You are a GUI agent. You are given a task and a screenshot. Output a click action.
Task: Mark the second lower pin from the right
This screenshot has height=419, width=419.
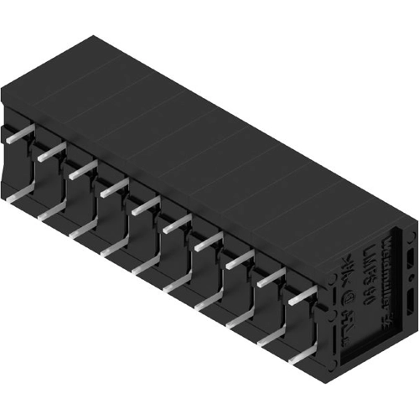coord(270,339)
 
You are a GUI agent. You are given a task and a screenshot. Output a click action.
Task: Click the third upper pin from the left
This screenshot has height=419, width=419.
coord(81,169)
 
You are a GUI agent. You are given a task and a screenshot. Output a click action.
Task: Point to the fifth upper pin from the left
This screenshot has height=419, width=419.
coord(145,206)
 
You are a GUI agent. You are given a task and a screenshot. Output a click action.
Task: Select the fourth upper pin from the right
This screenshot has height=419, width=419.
coord(208,242)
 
